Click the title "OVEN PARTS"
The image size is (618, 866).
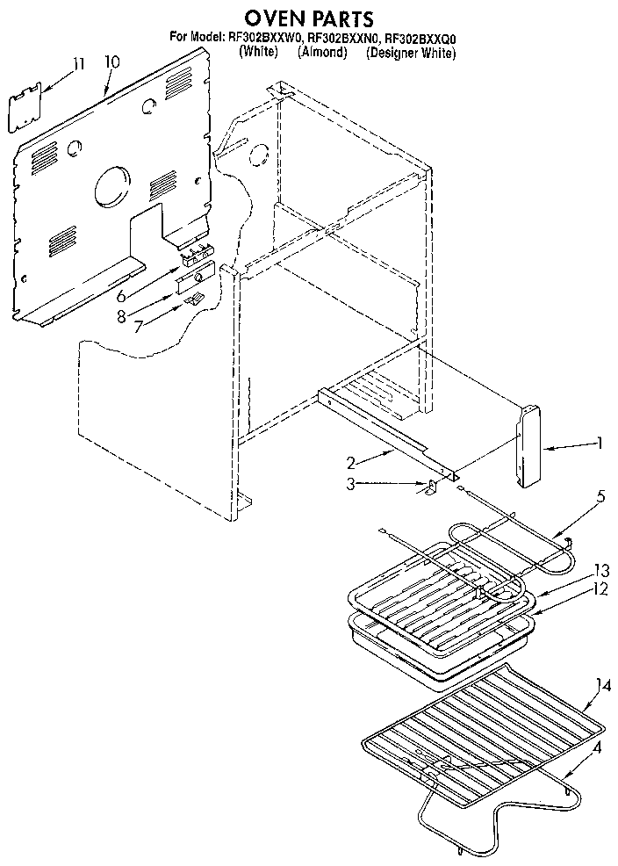click(x=308, y=17)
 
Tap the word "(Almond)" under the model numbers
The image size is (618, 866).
click(x=322, y=53)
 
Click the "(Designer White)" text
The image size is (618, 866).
click(x=411, y=53)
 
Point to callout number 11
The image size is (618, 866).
click(x=79, y=63)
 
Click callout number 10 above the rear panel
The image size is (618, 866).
click(x=111, y=62)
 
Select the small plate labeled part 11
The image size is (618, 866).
click(x=26, y=107)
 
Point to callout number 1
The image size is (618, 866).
click(x=600, y=444)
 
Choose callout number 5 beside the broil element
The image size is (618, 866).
click(x=600, y=496)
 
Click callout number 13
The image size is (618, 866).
click(x=600, y=567)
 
